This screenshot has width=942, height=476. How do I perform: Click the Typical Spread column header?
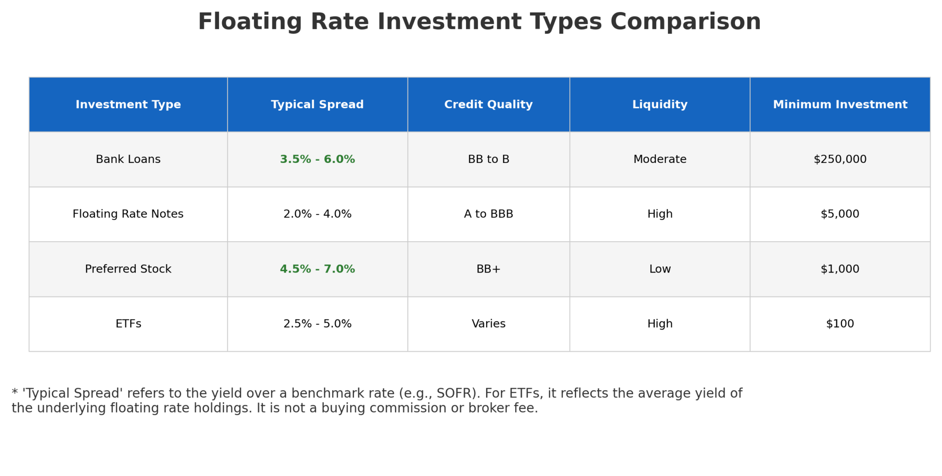(x=317, y=104)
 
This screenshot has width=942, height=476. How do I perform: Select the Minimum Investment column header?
(x=840, y=104)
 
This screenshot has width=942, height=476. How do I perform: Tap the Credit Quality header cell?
(x=488, y=104)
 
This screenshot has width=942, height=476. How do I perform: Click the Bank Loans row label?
(x=128, y=159)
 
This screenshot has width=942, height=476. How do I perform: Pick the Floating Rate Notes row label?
(x=128, y=214)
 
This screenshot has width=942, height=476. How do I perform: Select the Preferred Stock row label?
(x=128, y=269)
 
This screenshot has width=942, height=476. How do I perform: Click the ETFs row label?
(x=128, y=324)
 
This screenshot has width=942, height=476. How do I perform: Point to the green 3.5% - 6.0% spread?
(x=317, y=159)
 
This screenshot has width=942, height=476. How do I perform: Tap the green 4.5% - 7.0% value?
(x=317, y=269)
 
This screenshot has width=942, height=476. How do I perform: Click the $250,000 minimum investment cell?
(x=840, y=159)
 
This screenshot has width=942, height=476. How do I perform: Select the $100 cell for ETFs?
(x=840, y=324)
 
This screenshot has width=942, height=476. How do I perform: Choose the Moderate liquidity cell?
(x=660, y=159)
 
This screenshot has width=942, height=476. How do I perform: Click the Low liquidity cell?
(x=660, y=269)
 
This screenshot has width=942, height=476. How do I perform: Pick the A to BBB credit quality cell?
(x=488, y=214)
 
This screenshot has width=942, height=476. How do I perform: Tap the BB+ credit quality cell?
(x=488, y=269)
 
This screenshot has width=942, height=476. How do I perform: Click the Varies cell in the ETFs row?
(x=488, y=324)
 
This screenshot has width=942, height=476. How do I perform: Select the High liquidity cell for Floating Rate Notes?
(x=660, y=214)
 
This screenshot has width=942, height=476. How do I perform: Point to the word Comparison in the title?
(x=685, y=22)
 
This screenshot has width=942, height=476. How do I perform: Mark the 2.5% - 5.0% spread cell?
(x=317, y=324)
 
